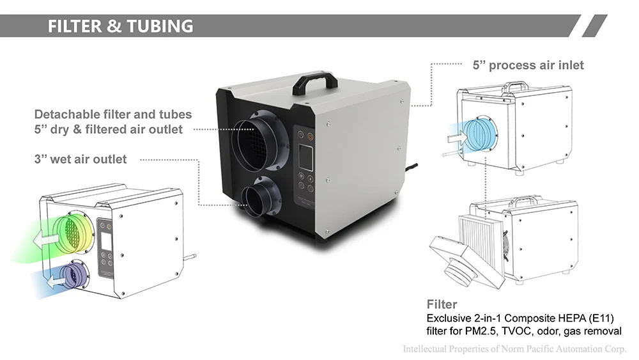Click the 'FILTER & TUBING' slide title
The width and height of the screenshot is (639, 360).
click(121, 26)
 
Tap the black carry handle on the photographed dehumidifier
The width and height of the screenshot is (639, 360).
click(314, 82)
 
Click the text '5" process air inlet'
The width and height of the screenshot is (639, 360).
click(528, 65)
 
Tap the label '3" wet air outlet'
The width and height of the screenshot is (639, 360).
click(81, 159)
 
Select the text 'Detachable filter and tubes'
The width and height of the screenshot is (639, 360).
click(113, 114)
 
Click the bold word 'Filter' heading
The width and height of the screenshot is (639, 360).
click(442, 304)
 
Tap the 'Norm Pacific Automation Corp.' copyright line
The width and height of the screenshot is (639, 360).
click(514, 349)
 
